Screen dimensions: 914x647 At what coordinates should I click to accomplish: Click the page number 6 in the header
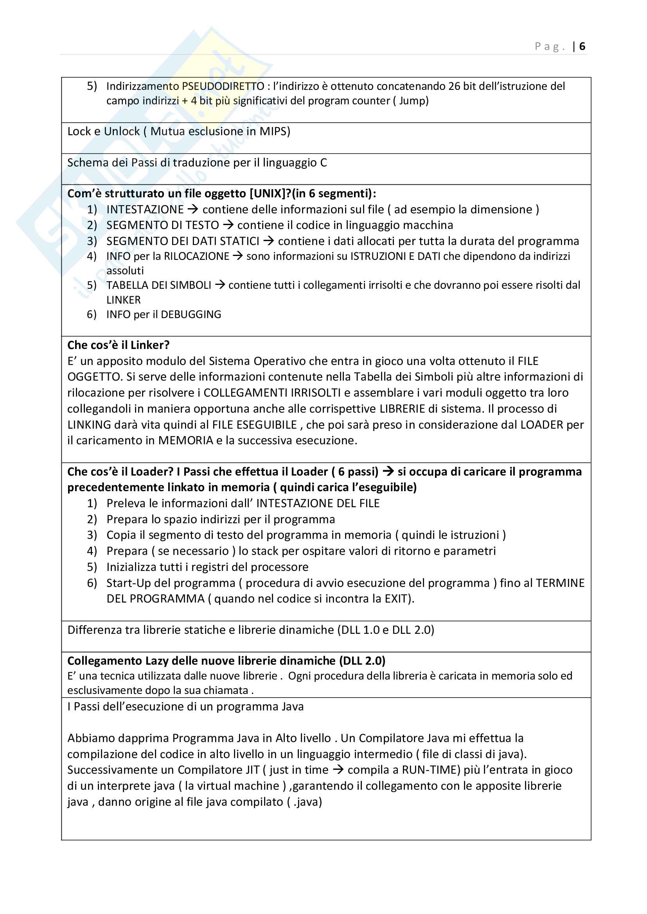pos(582,47)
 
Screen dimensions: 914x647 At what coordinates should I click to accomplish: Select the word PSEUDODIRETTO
pos(223,86)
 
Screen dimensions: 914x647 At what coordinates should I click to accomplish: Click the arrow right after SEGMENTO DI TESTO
pos(228,225)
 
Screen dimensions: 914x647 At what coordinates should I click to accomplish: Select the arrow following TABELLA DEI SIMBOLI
pos(219,285)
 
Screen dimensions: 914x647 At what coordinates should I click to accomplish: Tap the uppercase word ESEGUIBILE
pos(266,425)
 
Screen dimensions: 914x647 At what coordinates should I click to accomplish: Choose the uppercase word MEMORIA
pos(186,441)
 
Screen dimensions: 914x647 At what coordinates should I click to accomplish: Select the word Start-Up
pos(128,583)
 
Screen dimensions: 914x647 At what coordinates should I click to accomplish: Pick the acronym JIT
pos(253,770)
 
